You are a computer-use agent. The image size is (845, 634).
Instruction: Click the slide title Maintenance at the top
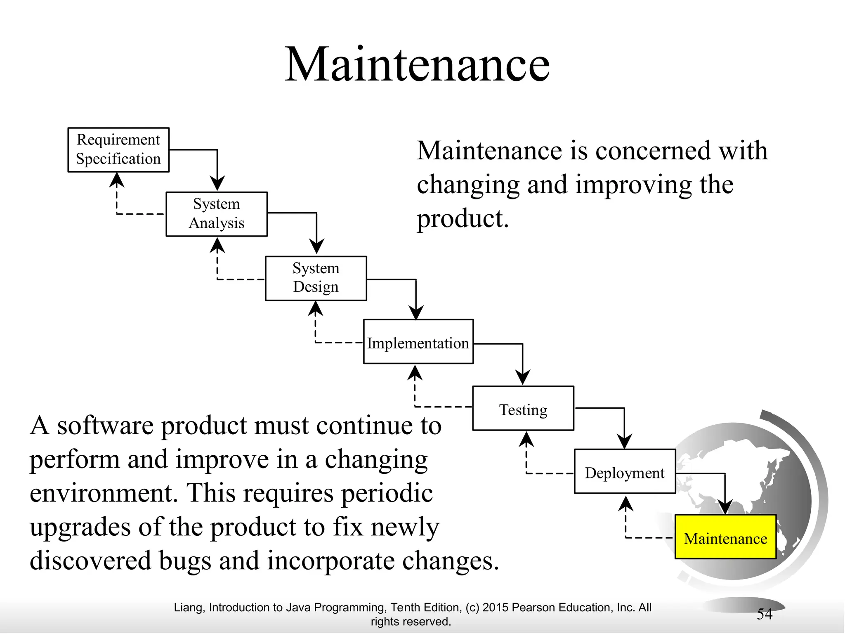pos(417,65)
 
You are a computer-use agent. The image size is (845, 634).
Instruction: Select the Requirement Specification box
pos(118,150)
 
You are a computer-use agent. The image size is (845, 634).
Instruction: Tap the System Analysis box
pos(217,214)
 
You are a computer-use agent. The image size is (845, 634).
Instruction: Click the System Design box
pos(316,278)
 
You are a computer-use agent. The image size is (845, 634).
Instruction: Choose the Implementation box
pos(418,342)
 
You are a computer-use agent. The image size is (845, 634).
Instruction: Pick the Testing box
pos(523,409)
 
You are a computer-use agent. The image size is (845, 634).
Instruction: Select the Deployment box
pos(625,471)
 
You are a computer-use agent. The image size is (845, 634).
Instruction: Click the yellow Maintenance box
pos(725,537)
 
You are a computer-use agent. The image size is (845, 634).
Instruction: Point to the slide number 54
pos(765,614)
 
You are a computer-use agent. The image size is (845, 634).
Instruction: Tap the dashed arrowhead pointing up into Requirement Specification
pos(117,180)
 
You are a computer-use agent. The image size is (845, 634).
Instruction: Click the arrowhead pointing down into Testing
pos(523,377)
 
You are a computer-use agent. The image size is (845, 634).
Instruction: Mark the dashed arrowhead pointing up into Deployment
pos(626,504)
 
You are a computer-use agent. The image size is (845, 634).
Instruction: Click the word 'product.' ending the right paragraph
pos(463,219)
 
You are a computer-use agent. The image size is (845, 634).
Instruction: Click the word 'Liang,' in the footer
pos(190,608)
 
